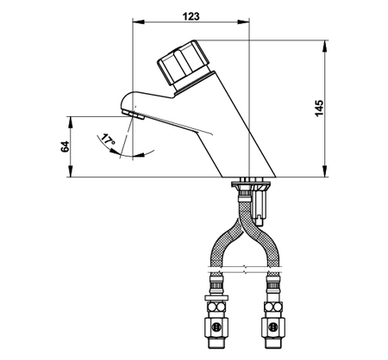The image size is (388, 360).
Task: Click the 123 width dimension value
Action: coord(191,16)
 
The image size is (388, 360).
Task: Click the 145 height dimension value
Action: coord(319,109)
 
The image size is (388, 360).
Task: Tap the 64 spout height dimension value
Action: coord(65,146)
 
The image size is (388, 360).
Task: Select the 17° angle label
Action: coord(108,140)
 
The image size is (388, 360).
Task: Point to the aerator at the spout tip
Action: coord(133,115)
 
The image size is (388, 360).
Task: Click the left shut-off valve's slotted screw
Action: coord(216,326)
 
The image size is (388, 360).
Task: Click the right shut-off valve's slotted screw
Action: coord(272,326)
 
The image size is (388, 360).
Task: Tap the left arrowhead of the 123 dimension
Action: coord(138,22)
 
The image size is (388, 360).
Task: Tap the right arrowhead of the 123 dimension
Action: coord(244,22)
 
